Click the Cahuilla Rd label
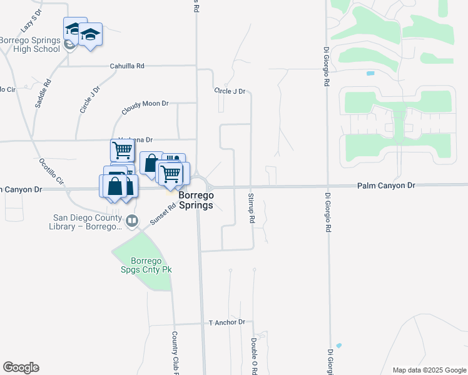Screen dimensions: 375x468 (x=127, y=66)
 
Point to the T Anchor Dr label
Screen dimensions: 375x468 (x=227, y=322)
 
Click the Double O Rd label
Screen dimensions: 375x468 (x=254, y=356)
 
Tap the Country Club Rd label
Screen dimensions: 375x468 (x=175, y=353)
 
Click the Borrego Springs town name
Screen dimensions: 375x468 (x=196, y=200)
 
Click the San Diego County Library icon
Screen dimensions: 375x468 (x=131, y=220)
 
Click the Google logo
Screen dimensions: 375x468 (x=21, y=367)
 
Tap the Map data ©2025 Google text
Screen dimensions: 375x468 (x=429, y=370)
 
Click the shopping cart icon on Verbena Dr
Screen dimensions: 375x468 (x=122, y=150)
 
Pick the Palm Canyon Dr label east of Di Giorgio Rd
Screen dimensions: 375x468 (x=386, y=186)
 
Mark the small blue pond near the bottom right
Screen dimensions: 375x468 (x=338, y=345)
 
